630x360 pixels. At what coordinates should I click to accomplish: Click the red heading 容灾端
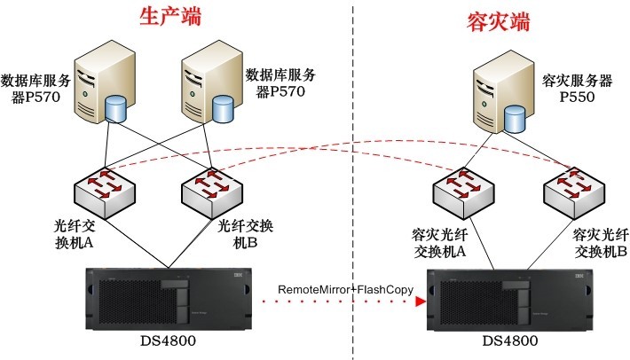click(x=498, y=21)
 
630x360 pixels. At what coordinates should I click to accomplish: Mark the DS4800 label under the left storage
click(x=166, y=341)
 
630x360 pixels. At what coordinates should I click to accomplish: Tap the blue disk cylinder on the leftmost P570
click(x=116, y=109)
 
